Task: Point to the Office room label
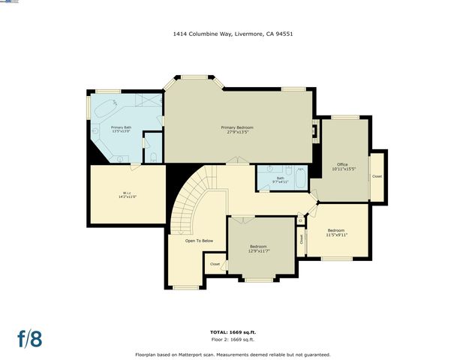coord(342,166)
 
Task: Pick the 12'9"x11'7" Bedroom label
coord(260,248)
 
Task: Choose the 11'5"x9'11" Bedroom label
coord(335,232)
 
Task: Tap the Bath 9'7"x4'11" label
coord(280,180)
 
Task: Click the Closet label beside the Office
coord(377,176)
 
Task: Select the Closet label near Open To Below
coord(215,264)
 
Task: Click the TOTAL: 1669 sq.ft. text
coord(233,331)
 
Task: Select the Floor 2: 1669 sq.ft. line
coord(233,339)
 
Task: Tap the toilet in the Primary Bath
coord(153,157)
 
